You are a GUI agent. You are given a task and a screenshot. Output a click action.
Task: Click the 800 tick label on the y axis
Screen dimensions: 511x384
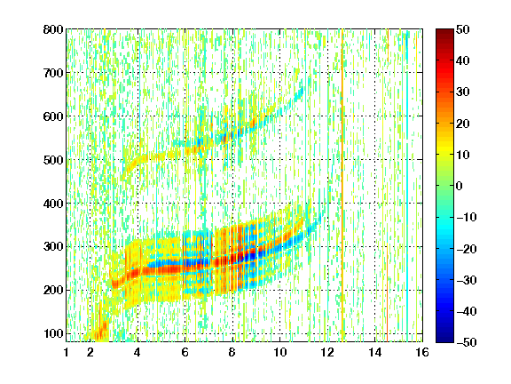pyautogui.click(x=53, y=29)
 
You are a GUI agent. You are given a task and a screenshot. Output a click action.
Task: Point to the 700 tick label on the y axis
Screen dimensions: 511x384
pyautogui.click(x=53, y=73)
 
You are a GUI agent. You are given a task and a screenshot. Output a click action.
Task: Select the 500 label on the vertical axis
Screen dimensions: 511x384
pyautogui.click(x=53, y=160)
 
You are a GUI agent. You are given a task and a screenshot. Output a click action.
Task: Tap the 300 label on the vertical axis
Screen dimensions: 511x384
pyautogui.click(x=53, y=246)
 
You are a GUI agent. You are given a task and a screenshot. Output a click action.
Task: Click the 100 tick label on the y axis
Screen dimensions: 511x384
pyautogui.click(x=53, y=333)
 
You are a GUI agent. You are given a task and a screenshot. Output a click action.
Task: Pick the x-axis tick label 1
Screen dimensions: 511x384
pyautogui.click(x=67, y=352)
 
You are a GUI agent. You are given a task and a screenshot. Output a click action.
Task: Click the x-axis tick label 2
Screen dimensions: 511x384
pyautogui.click(x=90, y=352)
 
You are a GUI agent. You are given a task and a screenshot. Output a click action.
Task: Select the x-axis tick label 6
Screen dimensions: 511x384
pyautogui.click(x=185, y=352)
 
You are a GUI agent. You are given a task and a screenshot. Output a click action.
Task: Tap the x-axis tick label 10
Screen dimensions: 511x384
pyautogui.click(x=279, y=352)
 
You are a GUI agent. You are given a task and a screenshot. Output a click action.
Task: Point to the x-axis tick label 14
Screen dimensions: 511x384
pyautogui.click(x=375, y=352)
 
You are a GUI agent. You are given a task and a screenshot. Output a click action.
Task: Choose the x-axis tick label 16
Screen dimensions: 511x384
pyautogui.click(x=422, y=352)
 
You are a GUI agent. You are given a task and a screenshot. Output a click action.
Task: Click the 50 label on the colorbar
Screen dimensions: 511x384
pyautogui.click(x=463, y=29)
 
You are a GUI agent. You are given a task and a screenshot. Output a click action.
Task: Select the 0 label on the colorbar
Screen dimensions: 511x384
pyautogui.click(x=460, y=186)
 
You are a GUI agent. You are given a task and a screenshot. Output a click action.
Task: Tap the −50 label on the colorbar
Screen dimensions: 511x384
pyautogui.click(x=467, y=342)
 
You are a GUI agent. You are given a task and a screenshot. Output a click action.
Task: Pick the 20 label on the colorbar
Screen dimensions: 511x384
pyautogui.click(x=463, y=124)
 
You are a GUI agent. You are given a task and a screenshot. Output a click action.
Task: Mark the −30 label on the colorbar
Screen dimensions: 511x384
pyautogui.click(x=467, y=280)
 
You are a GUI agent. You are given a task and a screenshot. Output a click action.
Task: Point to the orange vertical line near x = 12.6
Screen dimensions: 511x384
pyautogui.click(x=342, y=186)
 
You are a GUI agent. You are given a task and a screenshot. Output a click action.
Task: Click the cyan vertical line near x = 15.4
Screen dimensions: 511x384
pyautogui.click(x=407, y=186)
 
